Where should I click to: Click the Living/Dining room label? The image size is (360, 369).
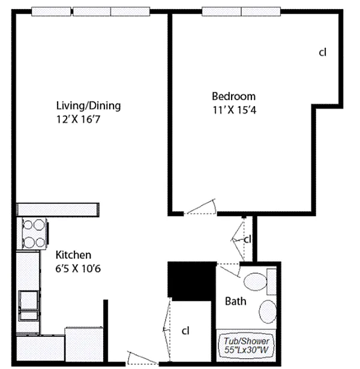pyautogui.click(x=88, y=106)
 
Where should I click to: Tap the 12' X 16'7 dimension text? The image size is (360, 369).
pyautogui.click(x=78, y=119)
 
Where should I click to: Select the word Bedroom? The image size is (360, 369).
pyautogui.click(x=233, y=96)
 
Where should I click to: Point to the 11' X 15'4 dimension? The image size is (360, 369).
pyautogui.click(x=235, y=110)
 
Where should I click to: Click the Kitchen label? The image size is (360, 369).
pyautogui.click(x=73, y=255)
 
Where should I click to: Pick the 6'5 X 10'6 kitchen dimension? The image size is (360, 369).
pyautogui.click(x=78, y=268)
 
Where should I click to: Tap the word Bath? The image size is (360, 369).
pyautogui.click(x=236, y=301)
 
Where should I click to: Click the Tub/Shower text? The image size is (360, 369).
pyautogui.click(x=247, y=341)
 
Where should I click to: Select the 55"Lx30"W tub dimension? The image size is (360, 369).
pyautogui.click(x=246, y=350)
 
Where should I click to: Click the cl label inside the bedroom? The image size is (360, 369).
pyautogui.click(x=323, y=52)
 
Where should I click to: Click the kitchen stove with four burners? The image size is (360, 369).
pyautogui.click(x=34, y=233)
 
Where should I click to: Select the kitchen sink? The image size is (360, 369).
pyautogui.click(x=28, y=305)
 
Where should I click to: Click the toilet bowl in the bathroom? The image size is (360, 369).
pyautogui.click(x=255, y=281)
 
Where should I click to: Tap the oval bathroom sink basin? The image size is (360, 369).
pyautogui.click(x=268, y=311)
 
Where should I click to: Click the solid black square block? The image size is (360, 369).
pyautogui.click(x=192, y=281)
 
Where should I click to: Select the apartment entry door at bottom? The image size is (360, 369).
pyautogui.click(x=142, y=358)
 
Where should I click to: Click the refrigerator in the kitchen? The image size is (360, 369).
pyautogui.click(x=84, y=344)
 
